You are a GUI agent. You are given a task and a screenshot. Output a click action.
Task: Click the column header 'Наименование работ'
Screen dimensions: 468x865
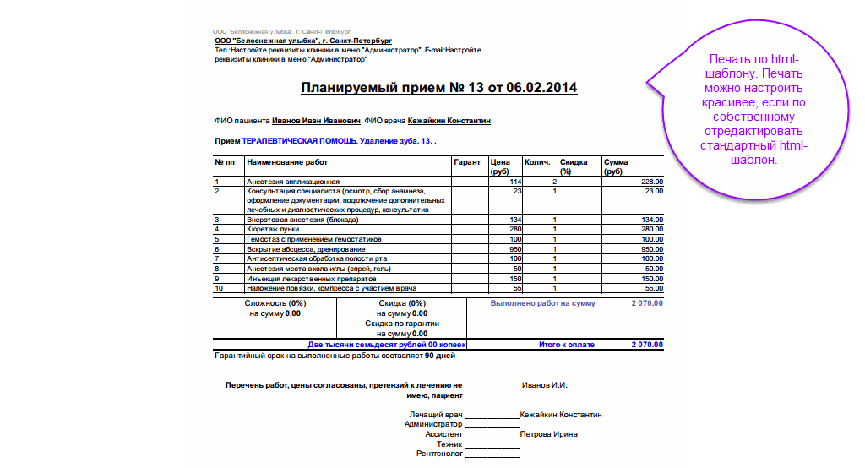287,161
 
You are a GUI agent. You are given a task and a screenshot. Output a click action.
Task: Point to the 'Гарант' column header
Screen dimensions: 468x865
467,161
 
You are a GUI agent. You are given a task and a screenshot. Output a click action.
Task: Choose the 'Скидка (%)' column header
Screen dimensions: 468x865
574,166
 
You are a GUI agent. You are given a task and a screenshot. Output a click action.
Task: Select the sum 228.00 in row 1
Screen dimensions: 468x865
652,182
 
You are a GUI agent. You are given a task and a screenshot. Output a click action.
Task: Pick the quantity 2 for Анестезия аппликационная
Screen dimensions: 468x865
554,182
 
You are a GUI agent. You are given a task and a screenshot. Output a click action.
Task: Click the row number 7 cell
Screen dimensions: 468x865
217,258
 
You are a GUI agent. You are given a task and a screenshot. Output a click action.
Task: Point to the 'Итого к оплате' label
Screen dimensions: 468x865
567,345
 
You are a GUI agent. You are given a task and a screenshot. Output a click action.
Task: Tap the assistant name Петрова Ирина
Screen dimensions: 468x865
549,434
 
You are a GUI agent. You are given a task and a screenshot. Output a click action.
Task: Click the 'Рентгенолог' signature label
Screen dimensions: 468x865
440,454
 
